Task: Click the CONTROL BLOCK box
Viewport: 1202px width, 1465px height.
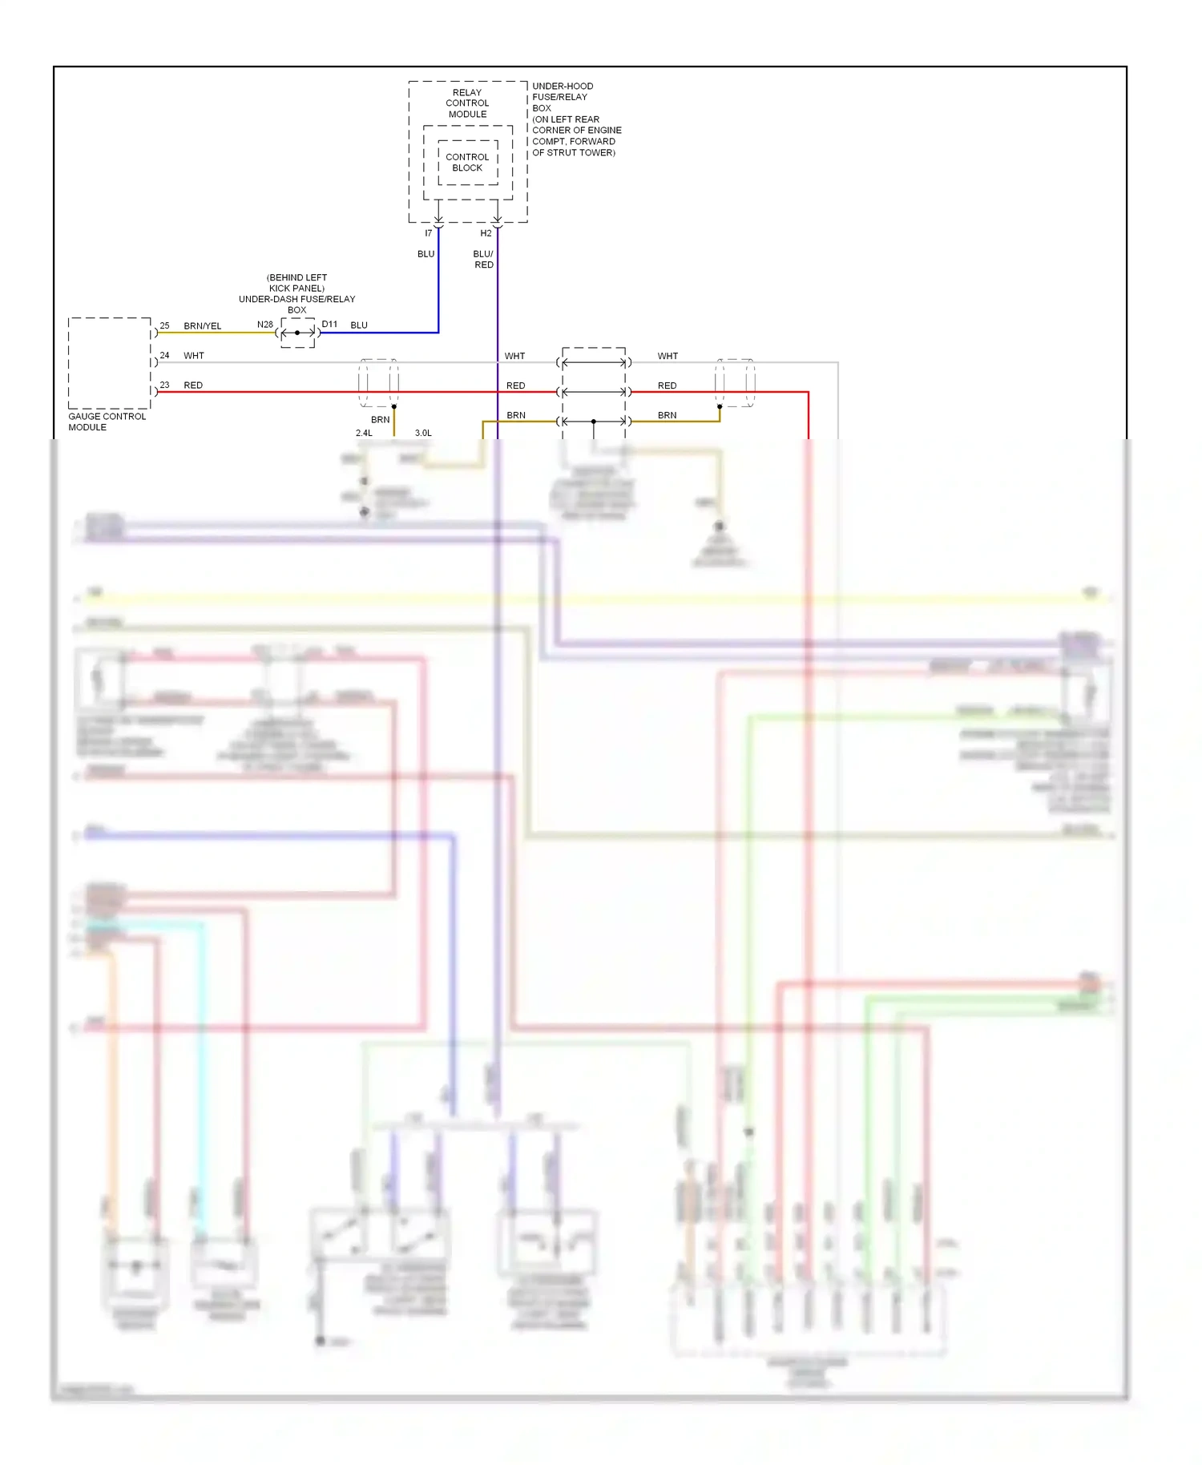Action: tap(467, 163)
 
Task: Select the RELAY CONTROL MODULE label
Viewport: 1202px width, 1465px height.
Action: tap(467, 103)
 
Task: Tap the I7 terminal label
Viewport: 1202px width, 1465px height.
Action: tap(428, 233)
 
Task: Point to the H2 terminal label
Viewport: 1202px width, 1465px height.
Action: tap(486, 233)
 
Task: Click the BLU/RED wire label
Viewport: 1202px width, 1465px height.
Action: tap(483, 259)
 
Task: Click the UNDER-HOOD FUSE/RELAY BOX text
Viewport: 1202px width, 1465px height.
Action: tap(575, 119)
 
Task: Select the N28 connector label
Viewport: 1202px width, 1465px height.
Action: tap(264, 325)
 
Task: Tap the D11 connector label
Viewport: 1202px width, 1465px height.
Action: tap(329, 325)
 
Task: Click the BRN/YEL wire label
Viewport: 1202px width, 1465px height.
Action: tap(202, 326)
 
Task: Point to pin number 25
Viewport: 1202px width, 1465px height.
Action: tap(164, 325)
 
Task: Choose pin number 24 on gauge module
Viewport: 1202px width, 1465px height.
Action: tap(164, 355)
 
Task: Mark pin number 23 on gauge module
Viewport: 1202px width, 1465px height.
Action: tap(164, 385)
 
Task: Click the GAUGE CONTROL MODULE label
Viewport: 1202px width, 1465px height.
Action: tap(107, 422)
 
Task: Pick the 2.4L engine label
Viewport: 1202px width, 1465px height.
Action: tap(364, 433)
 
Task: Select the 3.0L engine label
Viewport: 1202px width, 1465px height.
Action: tap(423, 433)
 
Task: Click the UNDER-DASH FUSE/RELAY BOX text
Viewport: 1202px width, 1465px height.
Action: tap(296, 293)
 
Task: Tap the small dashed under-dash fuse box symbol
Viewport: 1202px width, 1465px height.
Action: tap(297, 333)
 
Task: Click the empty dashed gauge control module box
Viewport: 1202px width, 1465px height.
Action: tap(109, 363)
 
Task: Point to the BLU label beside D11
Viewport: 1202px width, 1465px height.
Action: tap(359, 325)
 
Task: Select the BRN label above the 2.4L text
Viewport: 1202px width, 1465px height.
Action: tap(380, 419)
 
